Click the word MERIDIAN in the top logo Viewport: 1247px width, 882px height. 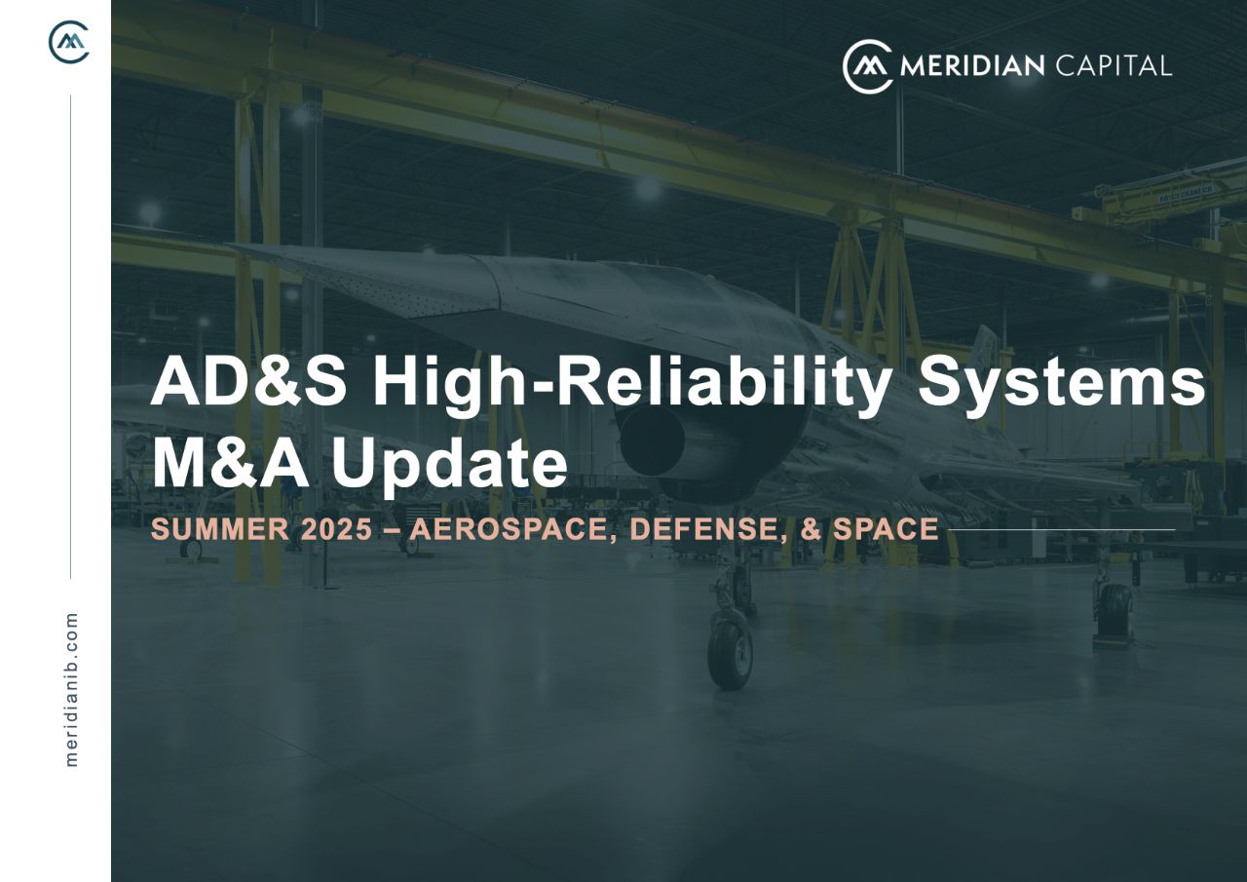972,66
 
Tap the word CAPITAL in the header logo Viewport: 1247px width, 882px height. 1114,66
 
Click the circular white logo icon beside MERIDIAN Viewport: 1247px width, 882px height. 868,66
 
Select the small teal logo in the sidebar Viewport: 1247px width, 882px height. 69,42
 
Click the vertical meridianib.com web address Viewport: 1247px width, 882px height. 71,689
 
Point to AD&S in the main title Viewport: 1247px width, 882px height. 248,384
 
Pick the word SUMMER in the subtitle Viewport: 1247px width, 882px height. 220,529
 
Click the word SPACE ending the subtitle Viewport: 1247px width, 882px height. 886,529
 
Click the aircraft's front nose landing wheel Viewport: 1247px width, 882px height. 731,654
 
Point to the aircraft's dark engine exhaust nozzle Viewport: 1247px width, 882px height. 653,441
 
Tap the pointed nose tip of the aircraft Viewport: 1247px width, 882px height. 229,245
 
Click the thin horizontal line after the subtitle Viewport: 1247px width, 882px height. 1061,529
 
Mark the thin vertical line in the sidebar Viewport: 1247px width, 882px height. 71,336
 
